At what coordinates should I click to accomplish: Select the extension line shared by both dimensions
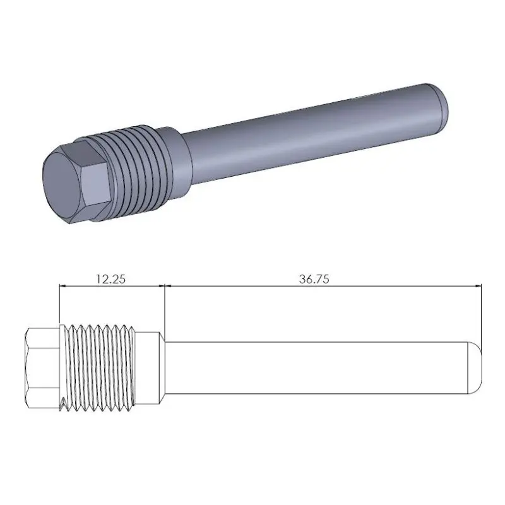164,309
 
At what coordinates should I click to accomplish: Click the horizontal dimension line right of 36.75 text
410,286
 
